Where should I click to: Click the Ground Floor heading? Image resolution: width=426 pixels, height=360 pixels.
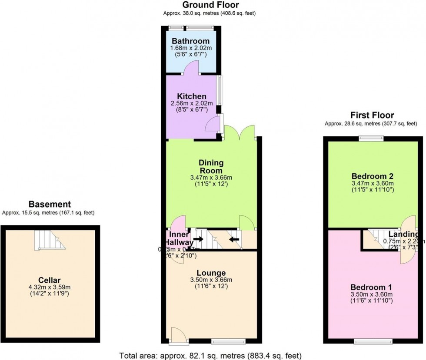click(x=210, y=5)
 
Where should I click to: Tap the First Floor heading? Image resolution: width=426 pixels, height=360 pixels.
click(x=372, y=116)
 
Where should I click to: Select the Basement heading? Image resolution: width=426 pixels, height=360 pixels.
click(x=49, y=204)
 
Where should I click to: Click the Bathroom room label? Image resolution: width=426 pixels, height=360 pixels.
click(x=191, y=41)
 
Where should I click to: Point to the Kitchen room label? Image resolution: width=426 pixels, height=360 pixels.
click(x=191, y=96)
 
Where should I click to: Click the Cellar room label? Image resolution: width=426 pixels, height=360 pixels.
click(x=49, y=280)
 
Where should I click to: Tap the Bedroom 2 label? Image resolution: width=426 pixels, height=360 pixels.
click(x=373, y=176)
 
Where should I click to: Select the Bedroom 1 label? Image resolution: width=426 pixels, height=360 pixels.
click(x=372, y=287)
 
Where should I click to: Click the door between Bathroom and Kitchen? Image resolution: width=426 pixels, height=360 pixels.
click(x=191, y=68)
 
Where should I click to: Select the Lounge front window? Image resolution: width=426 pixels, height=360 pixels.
click(x=228, y=341)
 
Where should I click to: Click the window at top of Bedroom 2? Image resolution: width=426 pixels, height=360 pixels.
click(x=372, y=139)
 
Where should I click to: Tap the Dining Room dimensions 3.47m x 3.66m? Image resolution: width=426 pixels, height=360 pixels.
click(x=212, y=178)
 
